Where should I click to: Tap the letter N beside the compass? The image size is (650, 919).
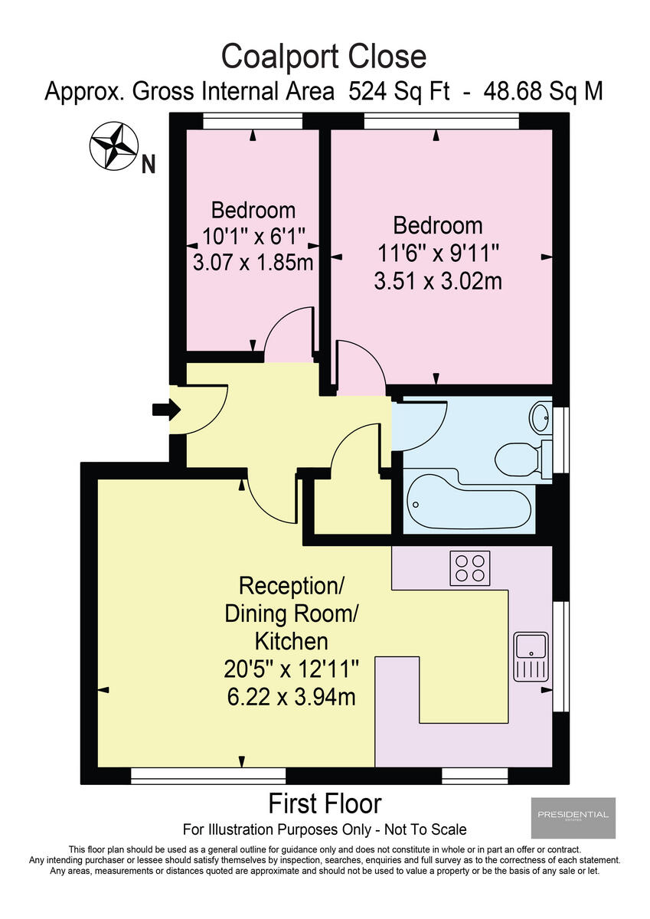149,163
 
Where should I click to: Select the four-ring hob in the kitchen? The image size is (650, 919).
470,567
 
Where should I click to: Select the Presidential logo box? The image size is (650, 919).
573,817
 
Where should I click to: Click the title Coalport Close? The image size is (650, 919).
324,57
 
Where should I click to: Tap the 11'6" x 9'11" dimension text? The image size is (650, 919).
437,253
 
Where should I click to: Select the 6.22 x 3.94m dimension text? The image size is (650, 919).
290,697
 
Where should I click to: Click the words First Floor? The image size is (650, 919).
325,804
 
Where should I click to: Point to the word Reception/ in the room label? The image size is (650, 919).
291,587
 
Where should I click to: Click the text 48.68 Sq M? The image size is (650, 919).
543,92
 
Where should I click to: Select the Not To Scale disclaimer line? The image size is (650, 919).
325,829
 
